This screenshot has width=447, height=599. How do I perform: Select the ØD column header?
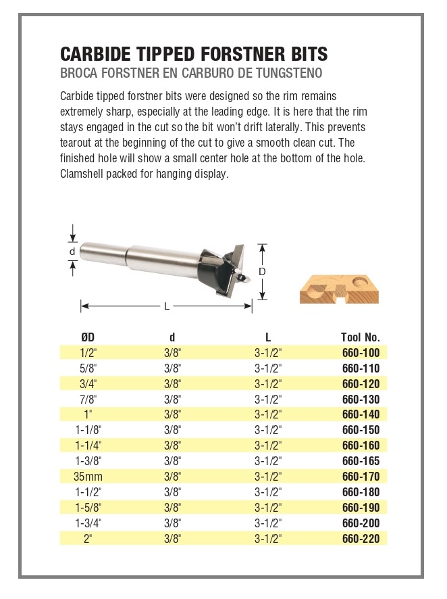88,337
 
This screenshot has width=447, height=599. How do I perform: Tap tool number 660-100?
361,352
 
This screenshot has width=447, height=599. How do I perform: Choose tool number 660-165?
361,461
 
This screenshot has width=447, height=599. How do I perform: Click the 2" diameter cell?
88,539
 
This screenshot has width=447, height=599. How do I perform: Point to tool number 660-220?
361,539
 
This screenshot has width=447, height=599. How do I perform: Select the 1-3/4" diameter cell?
88,523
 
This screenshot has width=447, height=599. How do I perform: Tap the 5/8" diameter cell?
88,368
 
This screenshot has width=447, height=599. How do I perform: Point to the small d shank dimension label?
72,251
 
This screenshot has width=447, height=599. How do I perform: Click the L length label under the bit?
167,306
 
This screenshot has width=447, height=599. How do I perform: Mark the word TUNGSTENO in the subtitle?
286,71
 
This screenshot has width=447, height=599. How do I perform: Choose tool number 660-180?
361,492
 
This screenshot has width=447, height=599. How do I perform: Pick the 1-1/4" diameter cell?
88,446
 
